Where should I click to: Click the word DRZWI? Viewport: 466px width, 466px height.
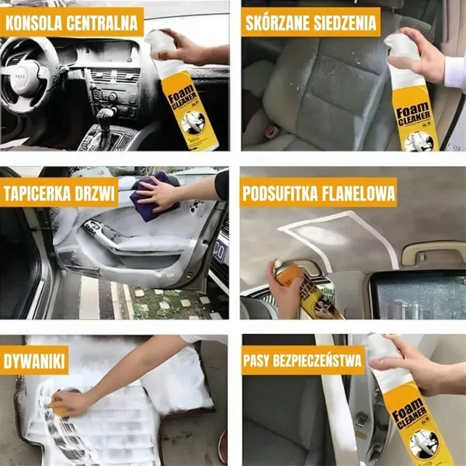(95, 193)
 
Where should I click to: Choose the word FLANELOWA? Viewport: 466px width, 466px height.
(358, 193)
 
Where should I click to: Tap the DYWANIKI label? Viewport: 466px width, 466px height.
(34, 361)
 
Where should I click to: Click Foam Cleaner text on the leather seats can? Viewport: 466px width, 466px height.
(413, 114)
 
